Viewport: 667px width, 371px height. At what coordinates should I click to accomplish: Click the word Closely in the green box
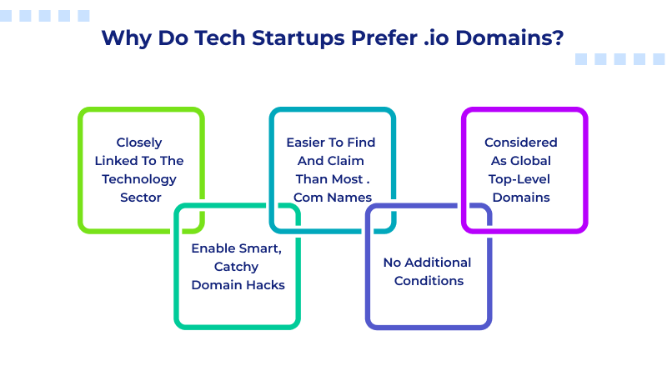[139, 143]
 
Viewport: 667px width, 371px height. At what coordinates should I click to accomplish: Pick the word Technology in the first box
[139, 179]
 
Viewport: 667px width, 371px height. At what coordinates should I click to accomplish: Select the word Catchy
[237, 267]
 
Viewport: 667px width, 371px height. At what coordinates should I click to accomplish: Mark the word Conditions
[429, 281]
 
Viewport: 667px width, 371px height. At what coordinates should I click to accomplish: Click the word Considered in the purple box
[520, 143]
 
